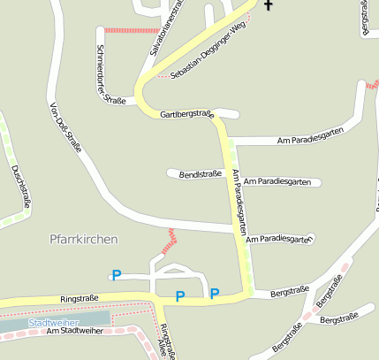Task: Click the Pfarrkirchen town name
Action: [84, 239]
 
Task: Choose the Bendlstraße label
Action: [200, 174]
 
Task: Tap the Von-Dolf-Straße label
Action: [66, 127]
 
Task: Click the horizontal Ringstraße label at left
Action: [79, 300]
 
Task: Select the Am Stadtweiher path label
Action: [75, 331]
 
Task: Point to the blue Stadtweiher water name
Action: [50, 323]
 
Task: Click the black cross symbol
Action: [268, 5]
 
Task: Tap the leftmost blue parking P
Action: [115, 275]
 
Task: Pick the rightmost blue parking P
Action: [215, 293]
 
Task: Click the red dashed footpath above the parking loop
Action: [168, 241]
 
